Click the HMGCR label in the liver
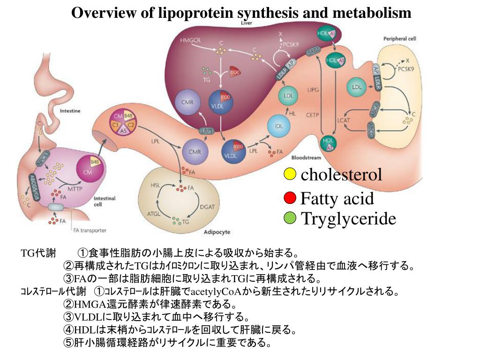coord(190,40)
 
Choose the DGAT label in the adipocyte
coord(207,207)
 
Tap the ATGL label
coord(154,213)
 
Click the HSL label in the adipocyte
coord(155,185)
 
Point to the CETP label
coord(312,113)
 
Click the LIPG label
coord(313,89)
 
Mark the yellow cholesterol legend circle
coord(290,174)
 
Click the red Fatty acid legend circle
coord(290,198)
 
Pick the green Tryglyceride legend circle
coord(290,218)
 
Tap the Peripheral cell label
coord(399,38)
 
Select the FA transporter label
coord(90,230)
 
